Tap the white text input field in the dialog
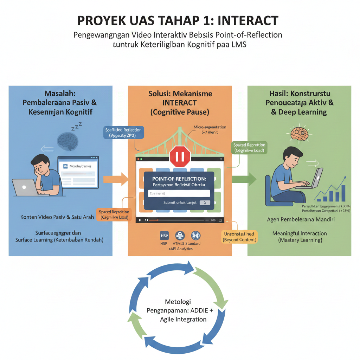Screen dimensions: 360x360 click(179, 193)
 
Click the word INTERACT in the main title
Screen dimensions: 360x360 click(247, 21)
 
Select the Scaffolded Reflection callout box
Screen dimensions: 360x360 click(123, 133)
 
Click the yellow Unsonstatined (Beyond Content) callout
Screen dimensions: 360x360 click(240, 237)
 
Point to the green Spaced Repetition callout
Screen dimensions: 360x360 click(249, 148)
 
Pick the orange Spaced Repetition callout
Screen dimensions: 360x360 click(114, 214)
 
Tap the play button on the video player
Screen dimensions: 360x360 click(140, 220)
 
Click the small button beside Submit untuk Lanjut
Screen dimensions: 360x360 click(205, 202)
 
